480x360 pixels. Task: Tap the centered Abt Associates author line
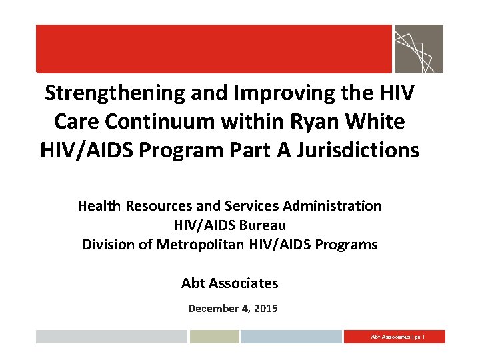tap(229, 283)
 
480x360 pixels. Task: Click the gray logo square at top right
tap(418, 49)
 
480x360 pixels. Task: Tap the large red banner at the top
tap(213, 49)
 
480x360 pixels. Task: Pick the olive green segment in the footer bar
tap(213, 337)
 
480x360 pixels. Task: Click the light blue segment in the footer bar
tap(291, 337)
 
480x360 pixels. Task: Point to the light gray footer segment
tap(111, 337)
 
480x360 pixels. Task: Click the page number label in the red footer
tap(397, 337)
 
